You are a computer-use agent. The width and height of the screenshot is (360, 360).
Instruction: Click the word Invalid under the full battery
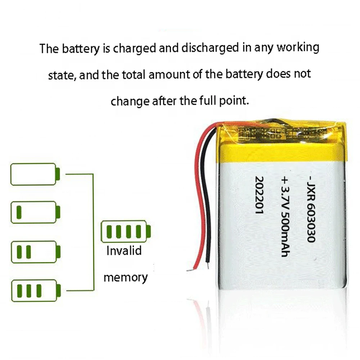(x=124, y=251)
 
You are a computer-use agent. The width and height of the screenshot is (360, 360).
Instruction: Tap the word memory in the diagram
(x=126, y=278)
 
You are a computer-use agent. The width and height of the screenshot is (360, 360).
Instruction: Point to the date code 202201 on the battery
(x=259, y=196)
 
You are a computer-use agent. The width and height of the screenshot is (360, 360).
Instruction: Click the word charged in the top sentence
(x=135, y=48)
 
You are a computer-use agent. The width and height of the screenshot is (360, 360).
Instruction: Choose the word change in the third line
(x=130, y=101)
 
